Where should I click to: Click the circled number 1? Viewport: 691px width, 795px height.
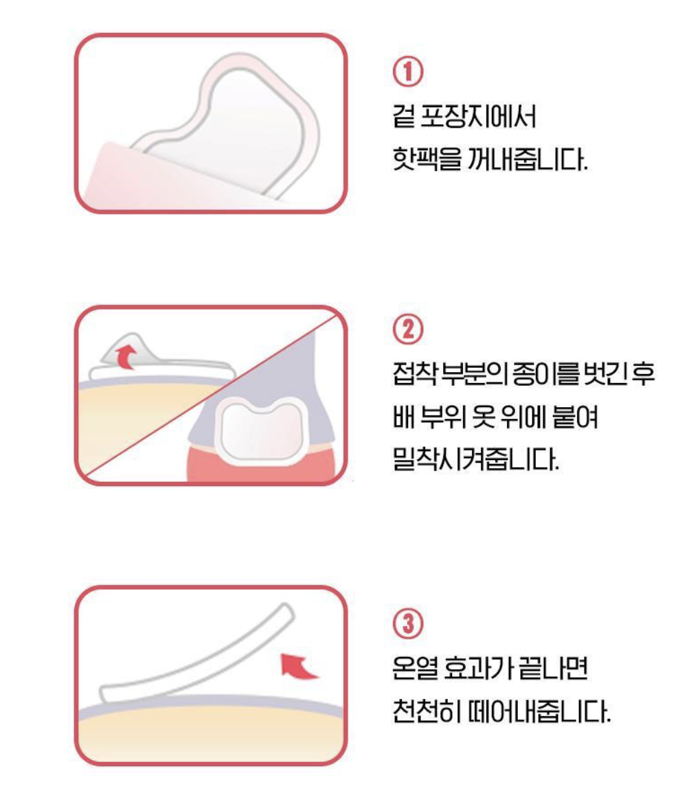point(408,72)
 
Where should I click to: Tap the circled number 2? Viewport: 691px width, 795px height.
point(408,330)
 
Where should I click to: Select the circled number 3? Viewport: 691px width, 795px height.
point(408,623)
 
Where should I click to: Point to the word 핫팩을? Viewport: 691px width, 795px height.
point(427,159)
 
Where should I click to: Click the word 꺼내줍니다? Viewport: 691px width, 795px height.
point(528,159)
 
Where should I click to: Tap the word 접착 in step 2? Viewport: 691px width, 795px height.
point(414,373)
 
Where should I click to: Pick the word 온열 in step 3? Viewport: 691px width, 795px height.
point(414,668)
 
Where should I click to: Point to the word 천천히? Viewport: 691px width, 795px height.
point(427,711)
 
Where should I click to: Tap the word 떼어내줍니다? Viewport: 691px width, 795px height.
point(539,711)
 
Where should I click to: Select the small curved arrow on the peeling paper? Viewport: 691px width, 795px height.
point(126,357)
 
